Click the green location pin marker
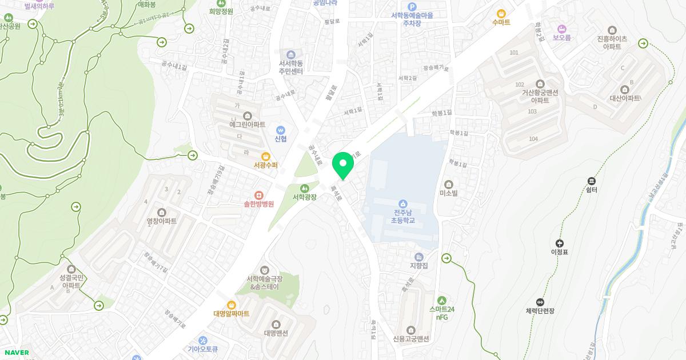pyautogui.click(x=343, y=165)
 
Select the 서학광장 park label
pyautogui.click(x=305, y=197)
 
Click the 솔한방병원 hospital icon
pyautogui.click(x=259, y=194)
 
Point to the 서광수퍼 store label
pyautogui.click(x=265, y=165)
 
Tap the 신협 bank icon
pyautogui.click(x=280, y=130)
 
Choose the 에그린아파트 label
pyautogui.click(x=248, y=124)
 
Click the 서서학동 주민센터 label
pyautogui.click(x=291, y=67)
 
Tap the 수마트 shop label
pyautogui.click(x=501, y=22)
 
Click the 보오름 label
pyautogui.click(x=561, y=38)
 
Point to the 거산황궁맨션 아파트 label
pyautogui.click(x=540, y=96)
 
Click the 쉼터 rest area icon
pyautogui.click(x=592, y=180)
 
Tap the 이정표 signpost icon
pyautogui.click(x=559, y=243)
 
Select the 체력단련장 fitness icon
pyautogui.click(x=540, y=302)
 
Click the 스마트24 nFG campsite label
pyautogui.click(x=442, y=313)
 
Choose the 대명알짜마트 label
pyautogui.click(x=232, y=313)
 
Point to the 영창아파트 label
pyautogui.click(x=162, y=221)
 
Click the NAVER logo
pyautogui.click(x=16, y=353)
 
